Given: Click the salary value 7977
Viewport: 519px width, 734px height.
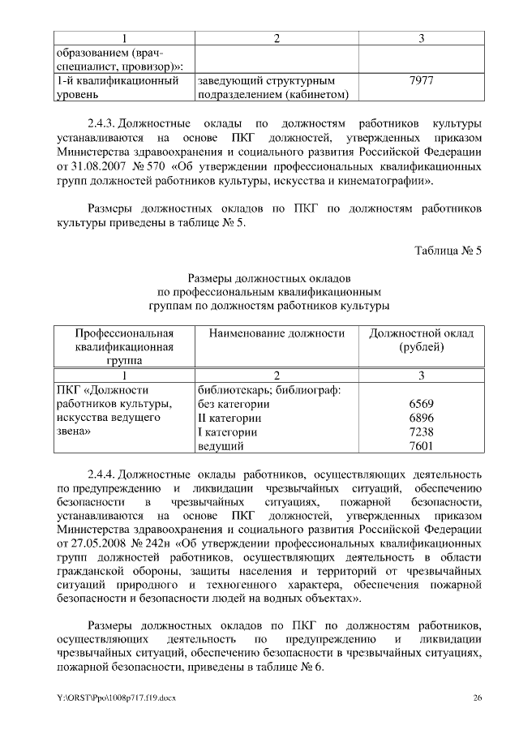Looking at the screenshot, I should point(422,81).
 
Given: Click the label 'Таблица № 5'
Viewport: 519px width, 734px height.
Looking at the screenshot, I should point(448,251).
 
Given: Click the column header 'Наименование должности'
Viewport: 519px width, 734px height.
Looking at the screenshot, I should point(277,333).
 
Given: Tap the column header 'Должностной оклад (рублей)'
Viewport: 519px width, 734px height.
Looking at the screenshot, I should point(422,340).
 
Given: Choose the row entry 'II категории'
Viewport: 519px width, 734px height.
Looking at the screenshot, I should point(229,418).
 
